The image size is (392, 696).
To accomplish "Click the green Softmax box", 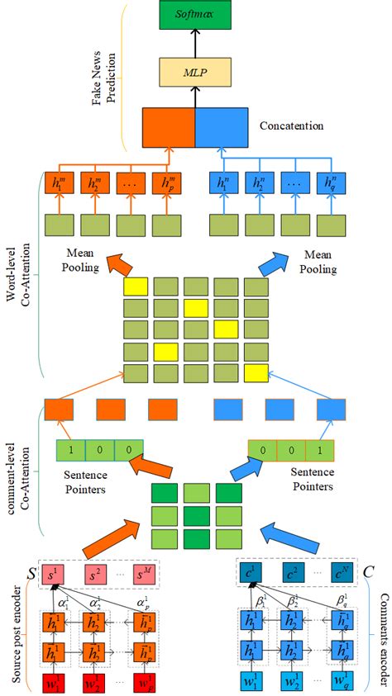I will [195, 15].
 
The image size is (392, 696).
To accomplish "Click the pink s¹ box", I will [56, 572].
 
